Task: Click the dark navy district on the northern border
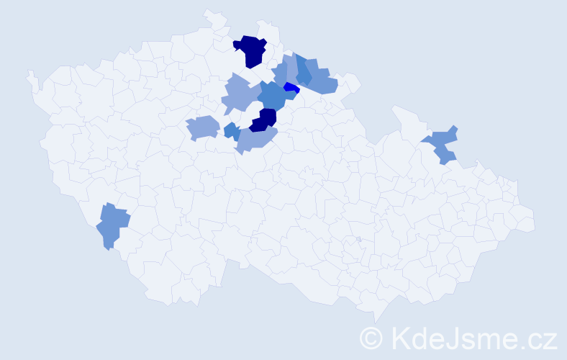250,50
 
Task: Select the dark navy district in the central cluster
264,120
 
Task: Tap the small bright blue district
291,88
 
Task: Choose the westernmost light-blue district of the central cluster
202,127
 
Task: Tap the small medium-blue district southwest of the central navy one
232,131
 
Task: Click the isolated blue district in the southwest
112,224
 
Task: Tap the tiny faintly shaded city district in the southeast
358,240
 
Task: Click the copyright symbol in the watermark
371,337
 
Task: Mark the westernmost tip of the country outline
29,72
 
